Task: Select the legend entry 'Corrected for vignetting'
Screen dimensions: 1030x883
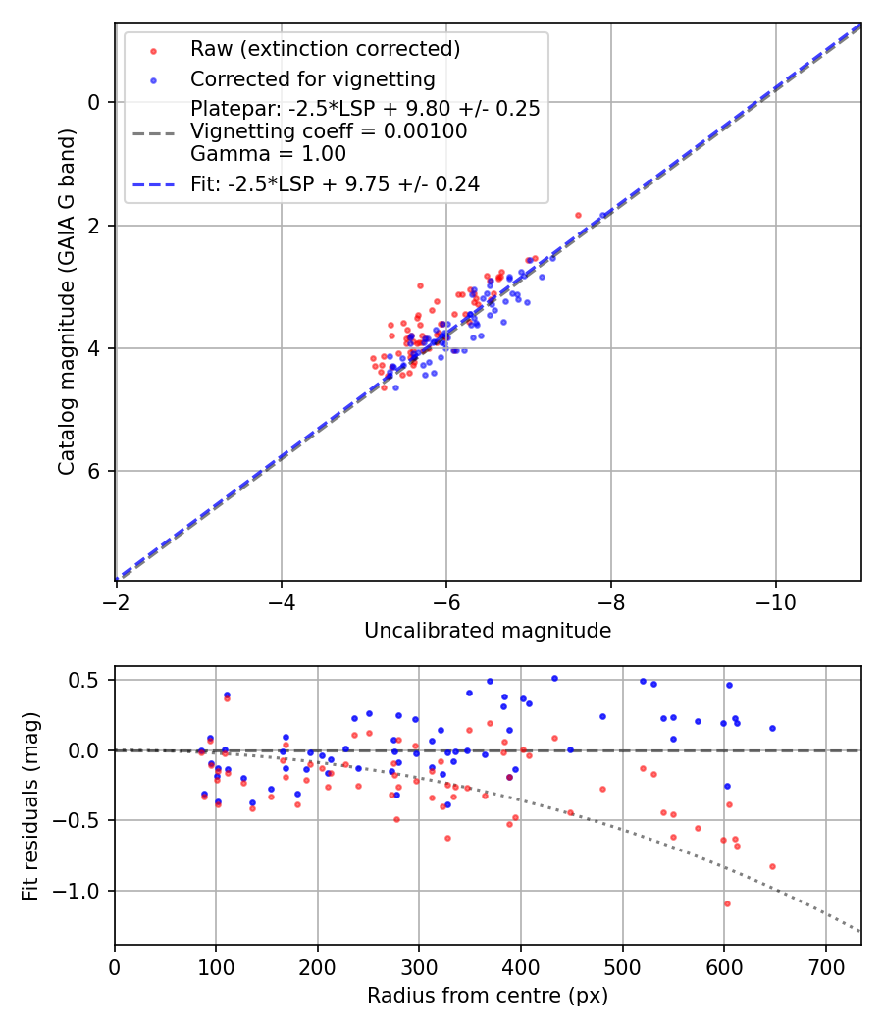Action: (x=312, y=78)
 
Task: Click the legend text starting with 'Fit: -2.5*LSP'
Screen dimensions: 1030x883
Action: (x=335, y=183)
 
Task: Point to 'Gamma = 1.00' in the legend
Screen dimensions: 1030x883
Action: (x=268, y=153)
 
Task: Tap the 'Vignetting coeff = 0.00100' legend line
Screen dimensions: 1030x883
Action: (x=329, y=131)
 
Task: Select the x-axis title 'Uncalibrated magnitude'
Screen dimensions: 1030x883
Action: (x=488, y=631)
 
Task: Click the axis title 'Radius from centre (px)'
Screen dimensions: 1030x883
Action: (x=488, y=996)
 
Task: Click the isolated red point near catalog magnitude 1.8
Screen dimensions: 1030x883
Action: (x=578, y=215)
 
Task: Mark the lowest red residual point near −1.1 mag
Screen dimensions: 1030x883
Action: (x=727, y=903)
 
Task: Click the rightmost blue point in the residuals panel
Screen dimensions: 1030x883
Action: (x=772, y=728)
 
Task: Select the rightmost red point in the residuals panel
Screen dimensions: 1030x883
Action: (x=772, y=866)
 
